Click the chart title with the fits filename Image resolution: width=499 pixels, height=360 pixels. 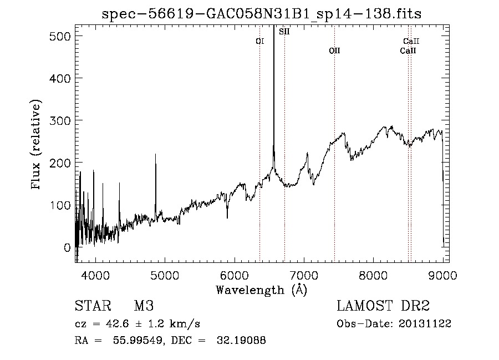pyautogui.click(x=261, y=14)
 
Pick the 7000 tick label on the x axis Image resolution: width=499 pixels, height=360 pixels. pyautogui.click(x=304, y=275)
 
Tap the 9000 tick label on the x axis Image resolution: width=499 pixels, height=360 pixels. pyautogui.click(x=442, y=275)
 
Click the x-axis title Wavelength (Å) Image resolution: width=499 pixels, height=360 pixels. pyautogui.click(x=261, y=290)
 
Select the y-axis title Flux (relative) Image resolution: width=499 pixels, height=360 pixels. pyautogui.click(x=37, y=145)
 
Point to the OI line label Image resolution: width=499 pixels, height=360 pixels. pyautogui.click(x=259, y=41)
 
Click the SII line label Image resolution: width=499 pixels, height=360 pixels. pyautogui.click(x=284, y=32)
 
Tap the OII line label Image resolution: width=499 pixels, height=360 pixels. pyautogui.click(x=334, y=50)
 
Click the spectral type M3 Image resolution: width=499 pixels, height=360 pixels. pyautogui.click(x=143, y=307)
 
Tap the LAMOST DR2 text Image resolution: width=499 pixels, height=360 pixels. pyautogui.click(x=383, y=307)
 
